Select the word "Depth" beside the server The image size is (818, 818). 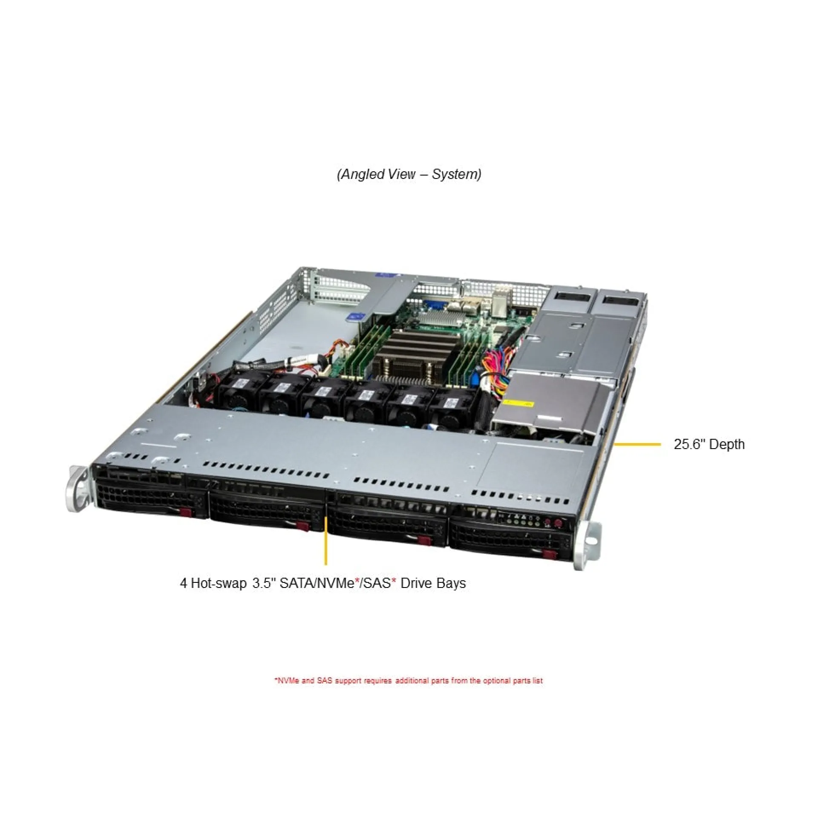727,444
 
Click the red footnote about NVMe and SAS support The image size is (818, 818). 409,681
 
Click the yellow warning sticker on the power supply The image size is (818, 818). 518,403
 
